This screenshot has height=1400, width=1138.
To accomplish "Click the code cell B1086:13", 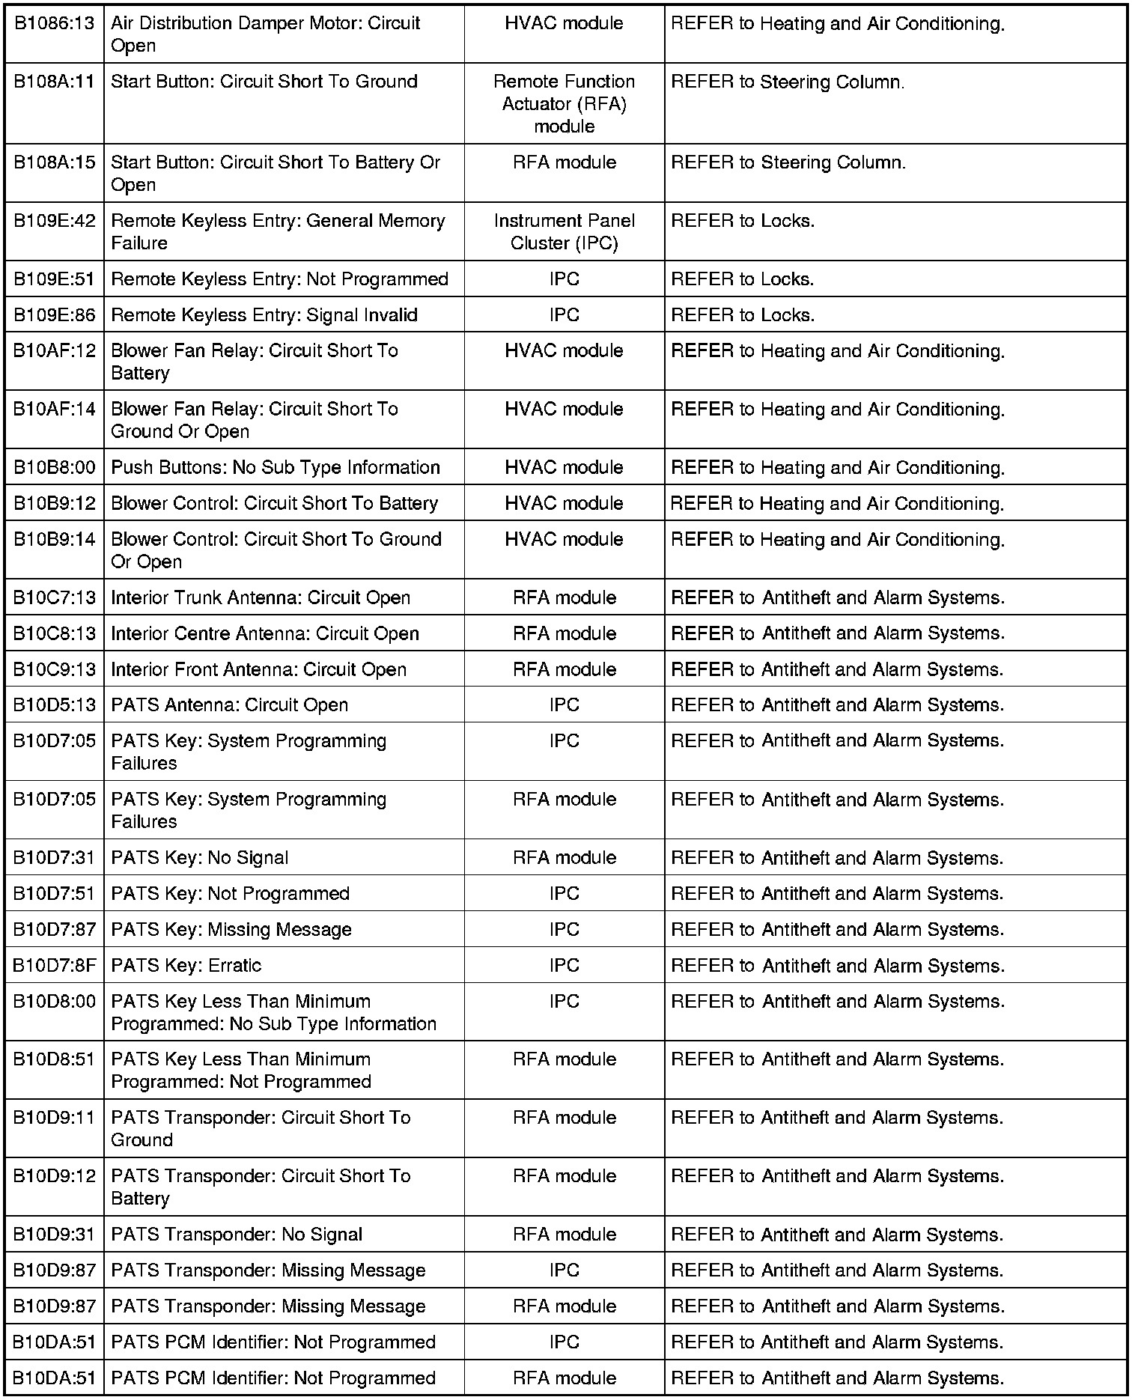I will (x=55, y=24).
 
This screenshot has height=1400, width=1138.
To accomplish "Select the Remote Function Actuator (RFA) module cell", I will (x=564, y=103).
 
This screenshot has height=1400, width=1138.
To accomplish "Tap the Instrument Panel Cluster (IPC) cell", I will (x=564, y=231).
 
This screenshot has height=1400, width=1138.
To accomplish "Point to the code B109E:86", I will (x=55, y=315).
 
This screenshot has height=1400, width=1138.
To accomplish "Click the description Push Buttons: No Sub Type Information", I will (x=275, y=468).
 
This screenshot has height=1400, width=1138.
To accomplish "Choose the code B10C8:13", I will (x=55, y=634).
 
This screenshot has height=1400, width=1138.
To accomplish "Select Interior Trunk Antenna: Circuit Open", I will (x=260, y=598).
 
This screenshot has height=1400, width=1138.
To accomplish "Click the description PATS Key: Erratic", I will (x=186, y=966).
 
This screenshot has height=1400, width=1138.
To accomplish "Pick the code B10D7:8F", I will (x=55, y=966).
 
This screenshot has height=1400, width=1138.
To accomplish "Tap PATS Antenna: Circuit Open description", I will (x=229, y=705).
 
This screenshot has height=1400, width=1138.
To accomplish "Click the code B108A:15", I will (x=55, y=163).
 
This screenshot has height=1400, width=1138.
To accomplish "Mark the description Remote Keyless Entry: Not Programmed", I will (x=279, y=279).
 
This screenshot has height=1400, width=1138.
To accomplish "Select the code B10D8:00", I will (x=55, y=1002).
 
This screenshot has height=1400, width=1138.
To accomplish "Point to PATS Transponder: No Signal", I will (x=237, y=1235).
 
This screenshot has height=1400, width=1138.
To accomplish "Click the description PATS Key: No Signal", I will (x=199, y=858).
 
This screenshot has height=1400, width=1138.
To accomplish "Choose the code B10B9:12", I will (x=55, y=504).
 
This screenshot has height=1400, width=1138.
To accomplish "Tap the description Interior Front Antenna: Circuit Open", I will (x=258, y=670).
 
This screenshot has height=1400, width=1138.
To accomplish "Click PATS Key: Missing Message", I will (x=231, y=930).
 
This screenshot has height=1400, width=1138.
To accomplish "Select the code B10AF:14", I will (x=55, y=410).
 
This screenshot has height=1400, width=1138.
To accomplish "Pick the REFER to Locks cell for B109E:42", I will (x=743, y=222).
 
